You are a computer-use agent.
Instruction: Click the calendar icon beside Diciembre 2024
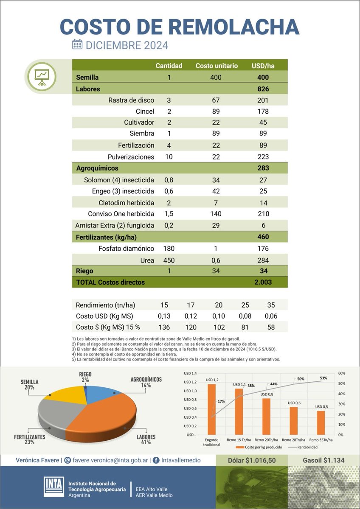[77, 45]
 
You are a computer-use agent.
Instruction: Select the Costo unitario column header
[217, 66]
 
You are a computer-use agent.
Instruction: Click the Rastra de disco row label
[131, 100]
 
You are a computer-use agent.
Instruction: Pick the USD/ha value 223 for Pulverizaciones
[263, 157]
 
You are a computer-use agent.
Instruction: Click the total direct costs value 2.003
[263, 282]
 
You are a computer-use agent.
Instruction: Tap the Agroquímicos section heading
[97, 168]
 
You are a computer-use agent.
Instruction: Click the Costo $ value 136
[164, 327]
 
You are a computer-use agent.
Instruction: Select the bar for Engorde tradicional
[211, 409]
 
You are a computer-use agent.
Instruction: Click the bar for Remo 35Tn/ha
[321, 422]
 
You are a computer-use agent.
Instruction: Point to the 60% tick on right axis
[342, 373]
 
